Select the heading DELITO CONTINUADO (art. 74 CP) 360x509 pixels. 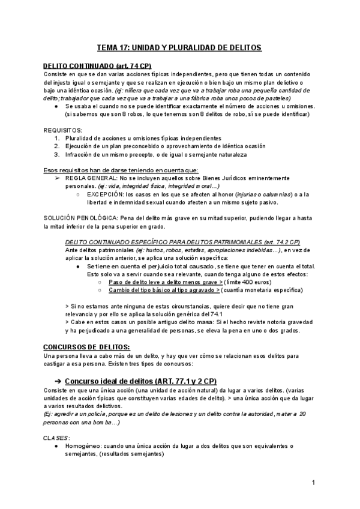(x=97, y=65)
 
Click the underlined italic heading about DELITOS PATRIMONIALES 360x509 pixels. (x=182, y=242)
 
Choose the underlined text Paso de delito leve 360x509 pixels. (x=166, y=282)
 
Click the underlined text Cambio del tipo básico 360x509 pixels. (x=164, y=290)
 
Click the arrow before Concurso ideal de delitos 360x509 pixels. (x=58, y=381)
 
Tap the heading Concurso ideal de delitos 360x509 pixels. (x=141, y=381)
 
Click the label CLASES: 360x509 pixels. (x=57, y=438)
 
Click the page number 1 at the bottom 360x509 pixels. (x=313, y=483)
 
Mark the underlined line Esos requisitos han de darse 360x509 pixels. (x=116, y=170)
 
